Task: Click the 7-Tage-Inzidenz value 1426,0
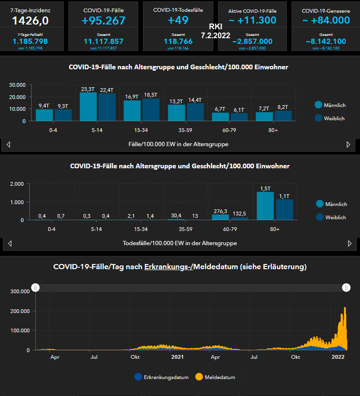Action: [31, 20]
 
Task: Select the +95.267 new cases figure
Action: [103, 20]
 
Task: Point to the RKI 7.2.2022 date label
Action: [215, 31]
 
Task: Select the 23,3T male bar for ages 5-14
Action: [88, 107]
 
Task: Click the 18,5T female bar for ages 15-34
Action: [151, 109]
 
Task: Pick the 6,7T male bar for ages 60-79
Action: [220, 116]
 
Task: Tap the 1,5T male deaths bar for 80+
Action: [265, 206]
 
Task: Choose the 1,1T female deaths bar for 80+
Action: [285, 210]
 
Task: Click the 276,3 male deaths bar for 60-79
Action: [220, 217]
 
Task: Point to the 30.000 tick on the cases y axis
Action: [17, 85]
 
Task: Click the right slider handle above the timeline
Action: [346, 288]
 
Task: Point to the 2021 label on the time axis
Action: [177, 357]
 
